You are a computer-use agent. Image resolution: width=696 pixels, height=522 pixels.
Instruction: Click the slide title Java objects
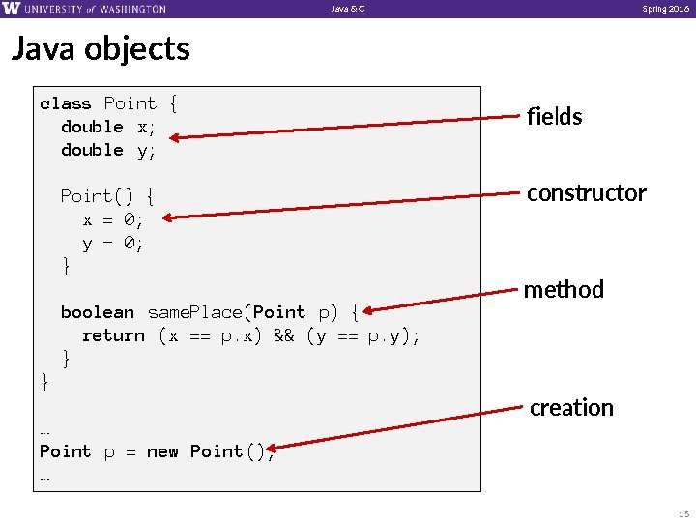[101, 48]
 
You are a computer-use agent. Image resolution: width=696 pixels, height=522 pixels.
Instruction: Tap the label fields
[554, 117]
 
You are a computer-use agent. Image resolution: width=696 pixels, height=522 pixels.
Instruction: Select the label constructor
[586, 193]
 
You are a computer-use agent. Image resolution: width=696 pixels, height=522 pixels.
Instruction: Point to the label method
[564, 289]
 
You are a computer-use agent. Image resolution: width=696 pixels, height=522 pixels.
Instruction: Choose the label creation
[571, 408]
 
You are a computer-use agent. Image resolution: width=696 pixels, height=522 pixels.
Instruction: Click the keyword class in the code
[66, 103]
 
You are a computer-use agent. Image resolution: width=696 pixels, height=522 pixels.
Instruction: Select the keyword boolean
[98, 312]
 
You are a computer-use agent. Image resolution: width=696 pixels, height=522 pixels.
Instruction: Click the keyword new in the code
[162, 451]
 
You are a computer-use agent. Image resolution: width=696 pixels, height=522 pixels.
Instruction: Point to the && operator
[285, 335]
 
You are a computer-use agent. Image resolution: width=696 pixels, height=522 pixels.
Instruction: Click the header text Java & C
[348, 9]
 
